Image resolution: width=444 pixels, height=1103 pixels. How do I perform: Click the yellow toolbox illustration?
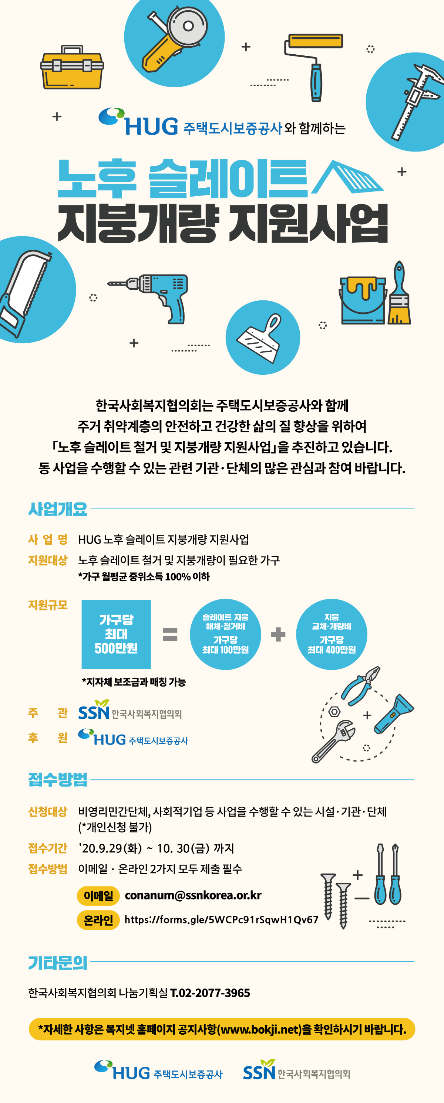pos(72,68)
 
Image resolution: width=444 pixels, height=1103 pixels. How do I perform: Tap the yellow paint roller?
pos(314,67)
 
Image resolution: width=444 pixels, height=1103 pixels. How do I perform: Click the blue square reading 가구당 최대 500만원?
pos(116,634)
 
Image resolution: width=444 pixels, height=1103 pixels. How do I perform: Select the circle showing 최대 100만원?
pos(225,634)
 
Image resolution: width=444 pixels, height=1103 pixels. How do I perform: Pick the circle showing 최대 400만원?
pos(332,634)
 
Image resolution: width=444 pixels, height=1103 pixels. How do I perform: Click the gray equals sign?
pos(170,634)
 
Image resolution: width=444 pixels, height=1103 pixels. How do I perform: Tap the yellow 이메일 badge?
pos(98,896)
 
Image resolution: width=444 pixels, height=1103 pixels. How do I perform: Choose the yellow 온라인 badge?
pos(98,920)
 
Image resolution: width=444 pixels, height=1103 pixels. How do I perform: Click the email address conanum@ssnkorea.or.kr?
pos(193,895)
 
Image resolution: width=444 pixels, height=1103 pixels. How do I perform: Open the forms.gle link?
pos(221,919)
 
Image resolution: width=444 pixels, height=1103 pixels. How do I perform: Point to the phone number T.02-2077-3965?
pos(210,993)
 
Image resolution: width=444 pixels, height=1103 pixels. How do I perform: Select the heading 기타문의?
pos(58,963)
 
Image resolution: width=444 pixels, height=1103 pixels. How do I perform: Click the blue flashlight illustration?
pos(394,714)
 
